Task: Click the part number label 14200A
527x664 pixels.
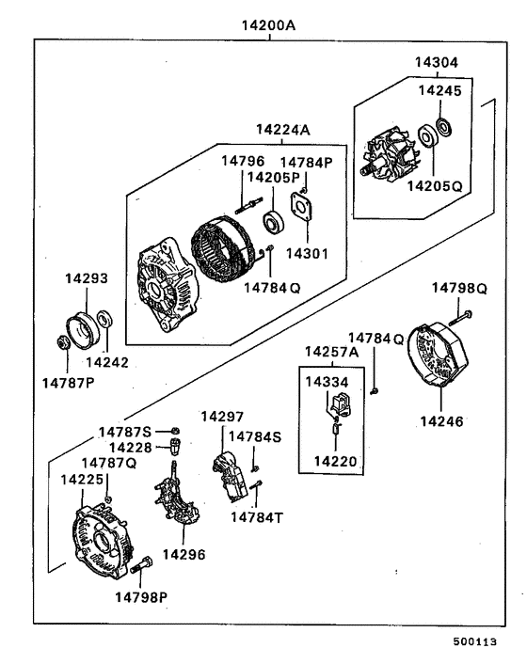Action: point(269,25)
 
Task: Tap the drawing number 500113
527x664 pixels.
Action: point(481,642)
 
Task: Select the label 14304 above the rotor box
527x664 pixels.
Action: point(437,63)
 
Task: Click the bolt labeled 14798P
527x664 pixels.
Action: point(143,566)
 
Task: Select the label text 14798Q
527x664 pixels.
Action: point(459,287)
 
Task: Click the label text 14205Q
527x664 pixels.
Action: point(435,186)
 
